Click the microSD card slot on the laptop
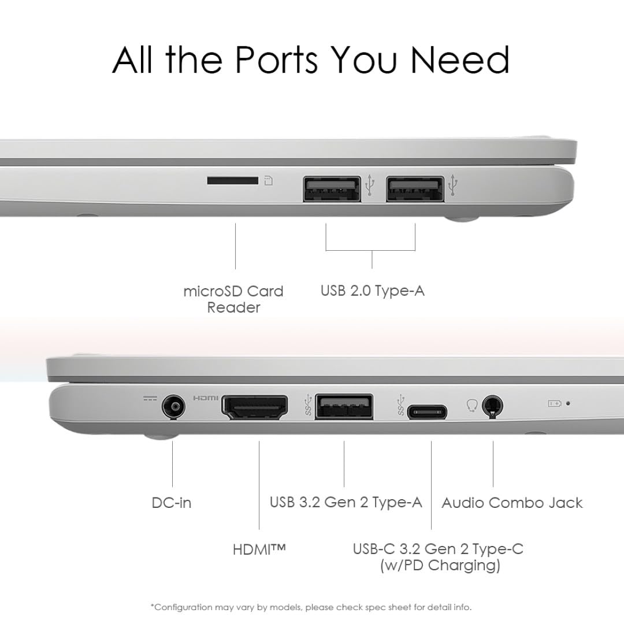pos(232,181)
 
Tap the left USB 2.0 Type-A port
pos(332,188)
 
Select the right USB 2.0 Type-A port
pos(415,188)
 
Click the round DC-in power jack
pos(174,407)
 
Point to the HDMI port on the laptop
pos(255,407)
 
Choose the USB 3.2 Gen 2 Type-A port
pos(344,407)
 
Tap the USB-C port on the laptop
pos(427,411)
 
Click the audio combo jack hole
pos(492,406)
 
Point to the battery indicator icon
pos(554,403)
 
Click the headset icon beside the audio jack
pos(471,406)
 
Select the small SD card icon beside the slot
pos(269,181)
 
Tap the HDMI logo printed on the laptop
pos(205,398)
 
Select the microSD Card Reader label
pos(233,299)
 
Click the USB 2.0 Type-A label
pos(373,291)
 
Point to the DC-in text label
pos(172,503)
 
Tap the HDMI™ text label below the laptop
pos(259,549)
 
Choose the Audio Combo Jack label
pos(512,503)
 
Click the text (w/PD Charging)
pos(440,566)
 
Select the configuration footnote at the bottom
pos(311,607)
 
